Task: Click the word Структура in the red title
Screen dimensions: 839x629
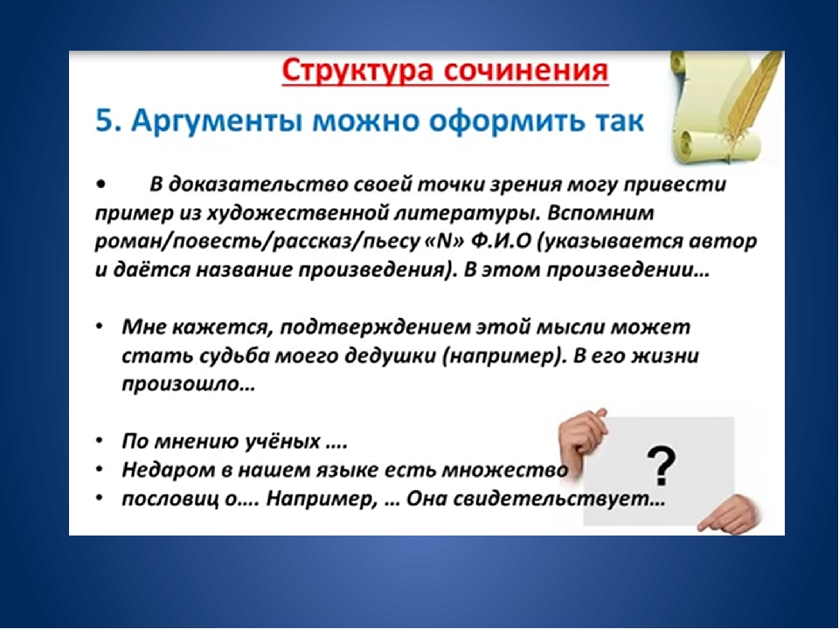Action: click(x=357, y=72)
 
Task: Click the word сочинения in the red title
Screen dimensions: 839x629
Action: click(x=526, y=72)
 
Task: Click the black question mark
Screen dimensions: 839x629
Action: click(x=662, y=467)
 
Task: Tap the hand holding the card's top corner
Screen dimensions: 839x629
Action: click(x=582, y=439)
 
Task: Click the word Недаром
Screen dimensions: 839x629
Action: click(x=163, y=470)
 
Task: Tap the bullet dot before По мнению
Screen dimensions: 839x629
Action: click(x=100, y=441)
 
